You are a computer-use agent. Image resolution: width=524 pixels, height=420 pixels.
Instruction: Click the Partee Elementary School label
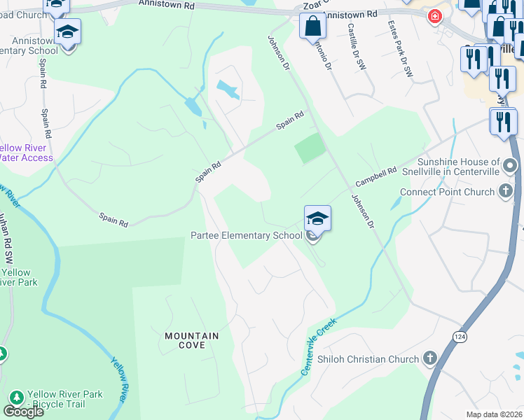click(246, 236)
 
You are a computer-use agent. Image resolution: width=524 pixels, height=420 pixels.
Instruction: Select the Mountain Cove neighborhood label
click(191, 340)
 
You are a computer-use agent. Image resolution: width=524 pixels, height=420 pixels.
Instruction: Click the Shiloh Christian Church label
click(368, 359)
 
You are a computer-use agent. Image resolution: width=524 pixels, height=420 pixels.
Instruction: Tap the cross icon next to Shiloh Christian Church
click(430, 359)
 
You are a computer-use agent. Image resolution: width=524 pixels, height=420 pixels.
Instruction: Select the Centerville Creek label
click(319, 346)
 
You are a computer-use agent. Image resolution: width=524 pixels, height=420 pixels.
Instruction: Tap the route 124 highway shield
click(457, 335)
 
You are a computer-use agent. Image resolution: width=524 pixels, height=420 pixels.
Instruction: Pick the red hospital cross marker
click(435, 15)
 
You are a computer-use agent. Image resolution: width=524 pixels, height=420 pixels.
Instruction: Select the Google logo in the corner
click(23, 412)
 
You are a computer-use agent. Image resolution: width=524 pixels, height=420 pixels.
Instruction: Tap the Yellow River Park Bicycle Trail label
click(64, 399)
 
